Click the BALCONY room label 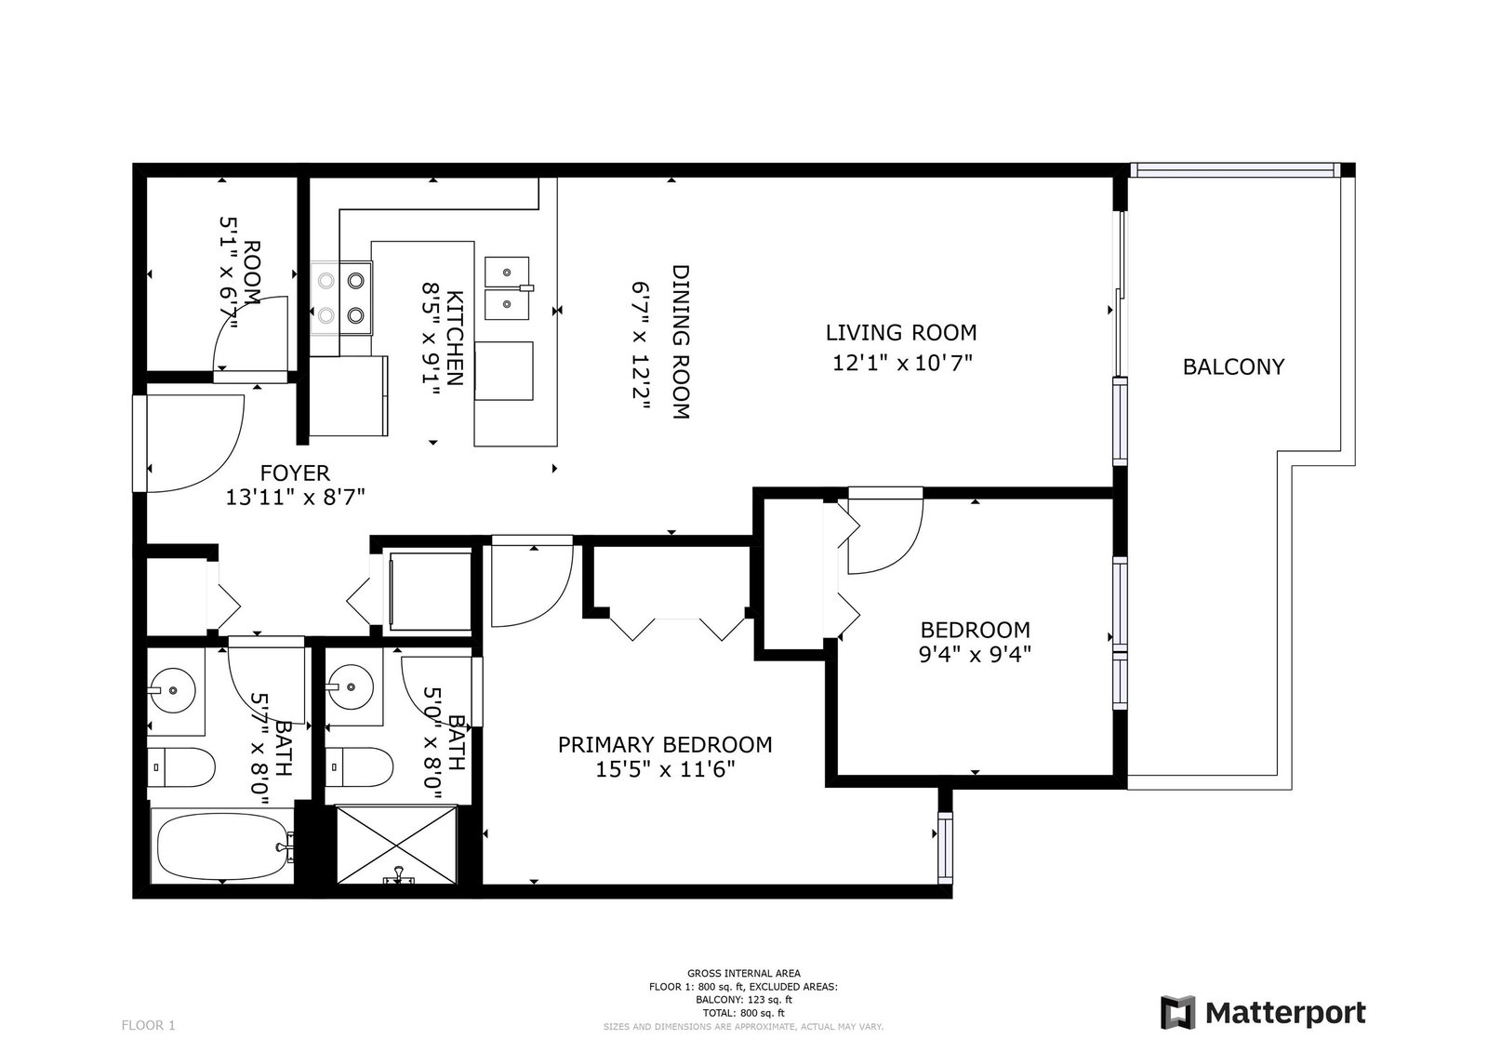click(x=1233, y=366)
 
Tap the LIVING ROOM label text click(x=901, y=332)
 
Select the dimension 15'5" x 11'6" click(x=665, y=769)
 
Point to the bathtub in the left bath click(x=222, y=846)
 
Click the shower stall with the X click(x=396, y=845)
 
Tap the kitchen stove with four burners click(x=340, y=299)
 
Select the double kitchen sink click(x=508, y=289)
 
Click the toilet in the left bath click(x=180, y=766)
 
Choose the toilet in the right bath click(x=359, y=766)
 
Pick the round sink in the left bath click(x=172, y=690)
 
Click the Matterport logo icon click(x=1177, y=1013)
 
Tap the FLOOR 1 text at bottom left click(x=148, y=1025)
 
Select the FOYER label click(x=295, y=473)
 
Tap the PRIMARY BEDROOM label click(x=665, y=745)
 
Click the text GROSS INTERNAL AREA click(x=744, y=974)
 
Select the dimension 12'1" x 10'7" click(x=902, y=363)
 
